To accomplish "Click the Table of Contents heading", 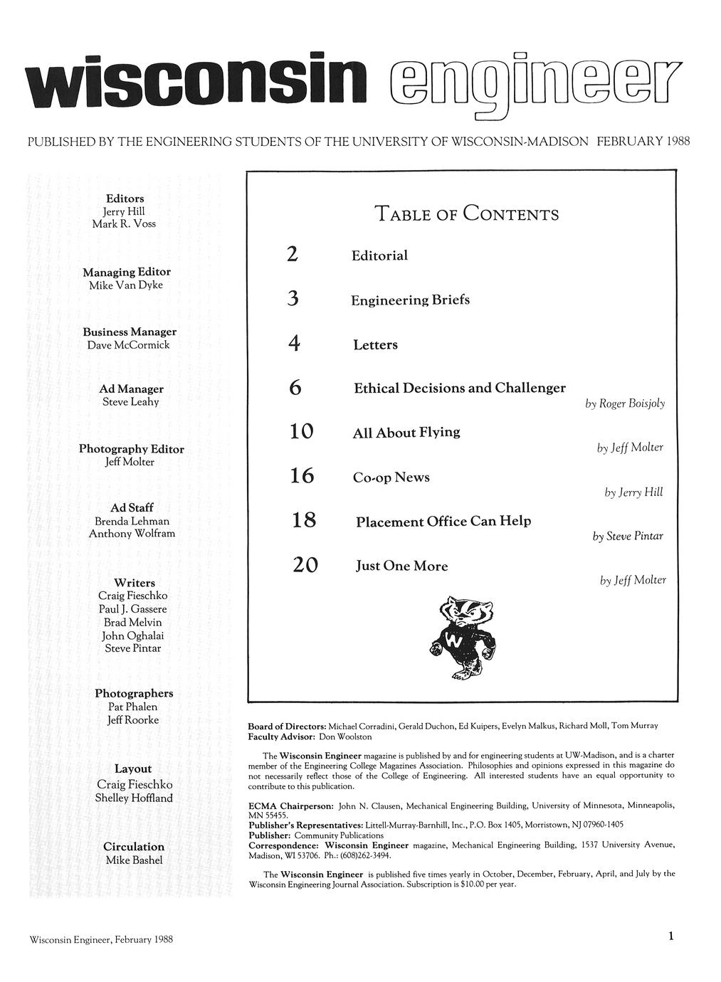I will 466,213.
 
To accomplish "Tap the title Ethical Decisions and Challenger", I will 459,389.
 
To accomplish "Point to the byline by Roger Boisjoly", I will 625,403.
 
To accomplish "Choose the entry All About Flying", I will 406,433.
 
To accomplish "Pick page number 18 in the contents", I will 303,522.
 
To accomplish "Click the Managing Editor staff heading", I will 127,272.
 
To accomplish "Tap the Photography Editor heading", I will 131,449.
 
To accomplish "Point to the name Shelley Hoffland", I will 134,798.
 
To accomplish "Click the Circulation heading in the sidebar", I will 134,847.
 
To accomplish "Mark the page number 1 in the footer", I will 670,936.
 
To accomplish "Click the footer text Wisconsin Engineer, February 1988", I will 101,939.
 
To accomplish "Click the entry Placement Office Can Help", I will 443,522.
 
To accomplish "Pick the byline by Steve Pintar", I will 628,536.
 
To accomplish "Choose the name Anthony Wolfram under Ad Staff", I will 132,534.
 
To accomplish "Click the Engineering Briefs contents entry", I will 410,300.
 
